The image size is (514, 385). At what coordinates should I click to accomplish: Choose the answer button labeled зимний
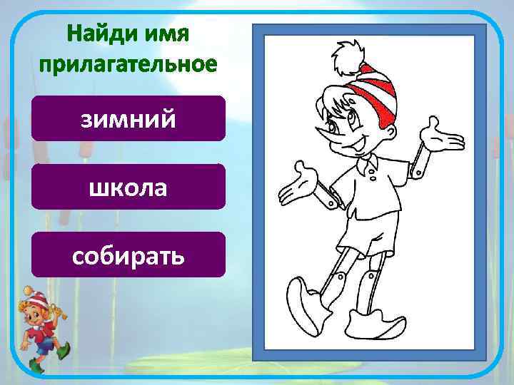pyautogui.click(x=128, y=118)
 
